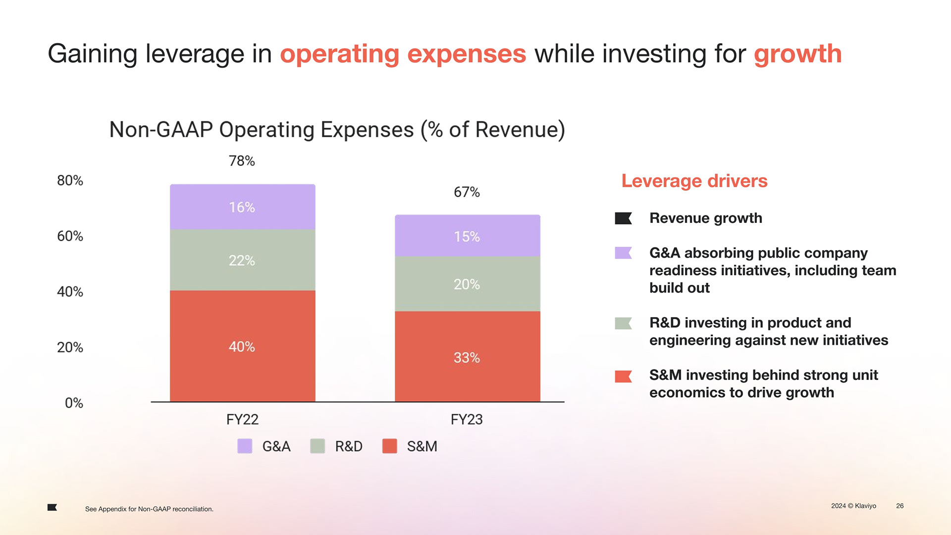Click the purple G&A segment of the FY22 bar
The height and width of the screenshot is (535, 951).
[x=242, y=207]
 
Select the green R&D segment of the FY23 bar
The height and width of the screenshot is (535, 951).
[x=467, y=284]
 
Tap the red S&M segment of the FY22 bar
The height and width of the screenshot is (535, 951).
[x=242, y=346]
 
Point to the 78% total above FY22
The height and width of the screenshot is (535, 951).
[x=242, y=161]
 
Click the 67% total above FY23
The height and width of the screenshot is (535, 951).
[x=467, y=192]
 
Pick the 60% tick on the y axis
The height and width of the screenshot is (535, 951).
[x=70, y=236]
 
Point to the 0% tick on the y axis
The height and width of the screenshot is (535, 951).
[x=74, y=403]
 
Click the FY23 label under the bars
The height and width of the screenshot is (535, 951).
[x=467, y=420]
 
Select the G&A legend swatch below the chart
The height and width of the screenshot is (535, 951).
[x=245, y=446]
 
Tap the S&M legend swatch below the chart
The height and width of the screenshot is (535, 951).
[x=390, y=446]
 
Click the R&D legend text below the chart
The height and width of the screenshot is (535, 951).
[x=349, y=446]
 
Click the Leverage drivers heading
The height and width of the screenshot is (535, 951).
[x=694, y=181]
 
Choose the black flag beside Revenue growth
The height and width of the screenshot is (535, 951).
[x=623, y=218]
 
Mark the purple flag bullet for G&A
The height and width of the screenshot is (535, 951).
[x=623, y=253]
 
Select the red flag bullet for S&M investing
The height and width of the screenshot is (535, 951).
[x=623, y=376]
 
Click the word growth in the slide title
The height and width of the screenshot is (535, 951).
[x=797, y=54]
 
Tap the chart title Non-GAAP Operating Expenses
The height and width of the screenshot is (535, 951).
[x=337, y=130]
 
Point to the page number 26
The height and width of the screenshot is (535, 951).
[x=900, y=506]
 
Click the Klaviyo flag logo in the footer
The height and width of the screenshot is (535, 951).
[x=52, y=507]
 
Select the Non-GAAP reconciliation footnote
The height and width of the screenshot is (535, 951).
[x=149, y=509]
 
